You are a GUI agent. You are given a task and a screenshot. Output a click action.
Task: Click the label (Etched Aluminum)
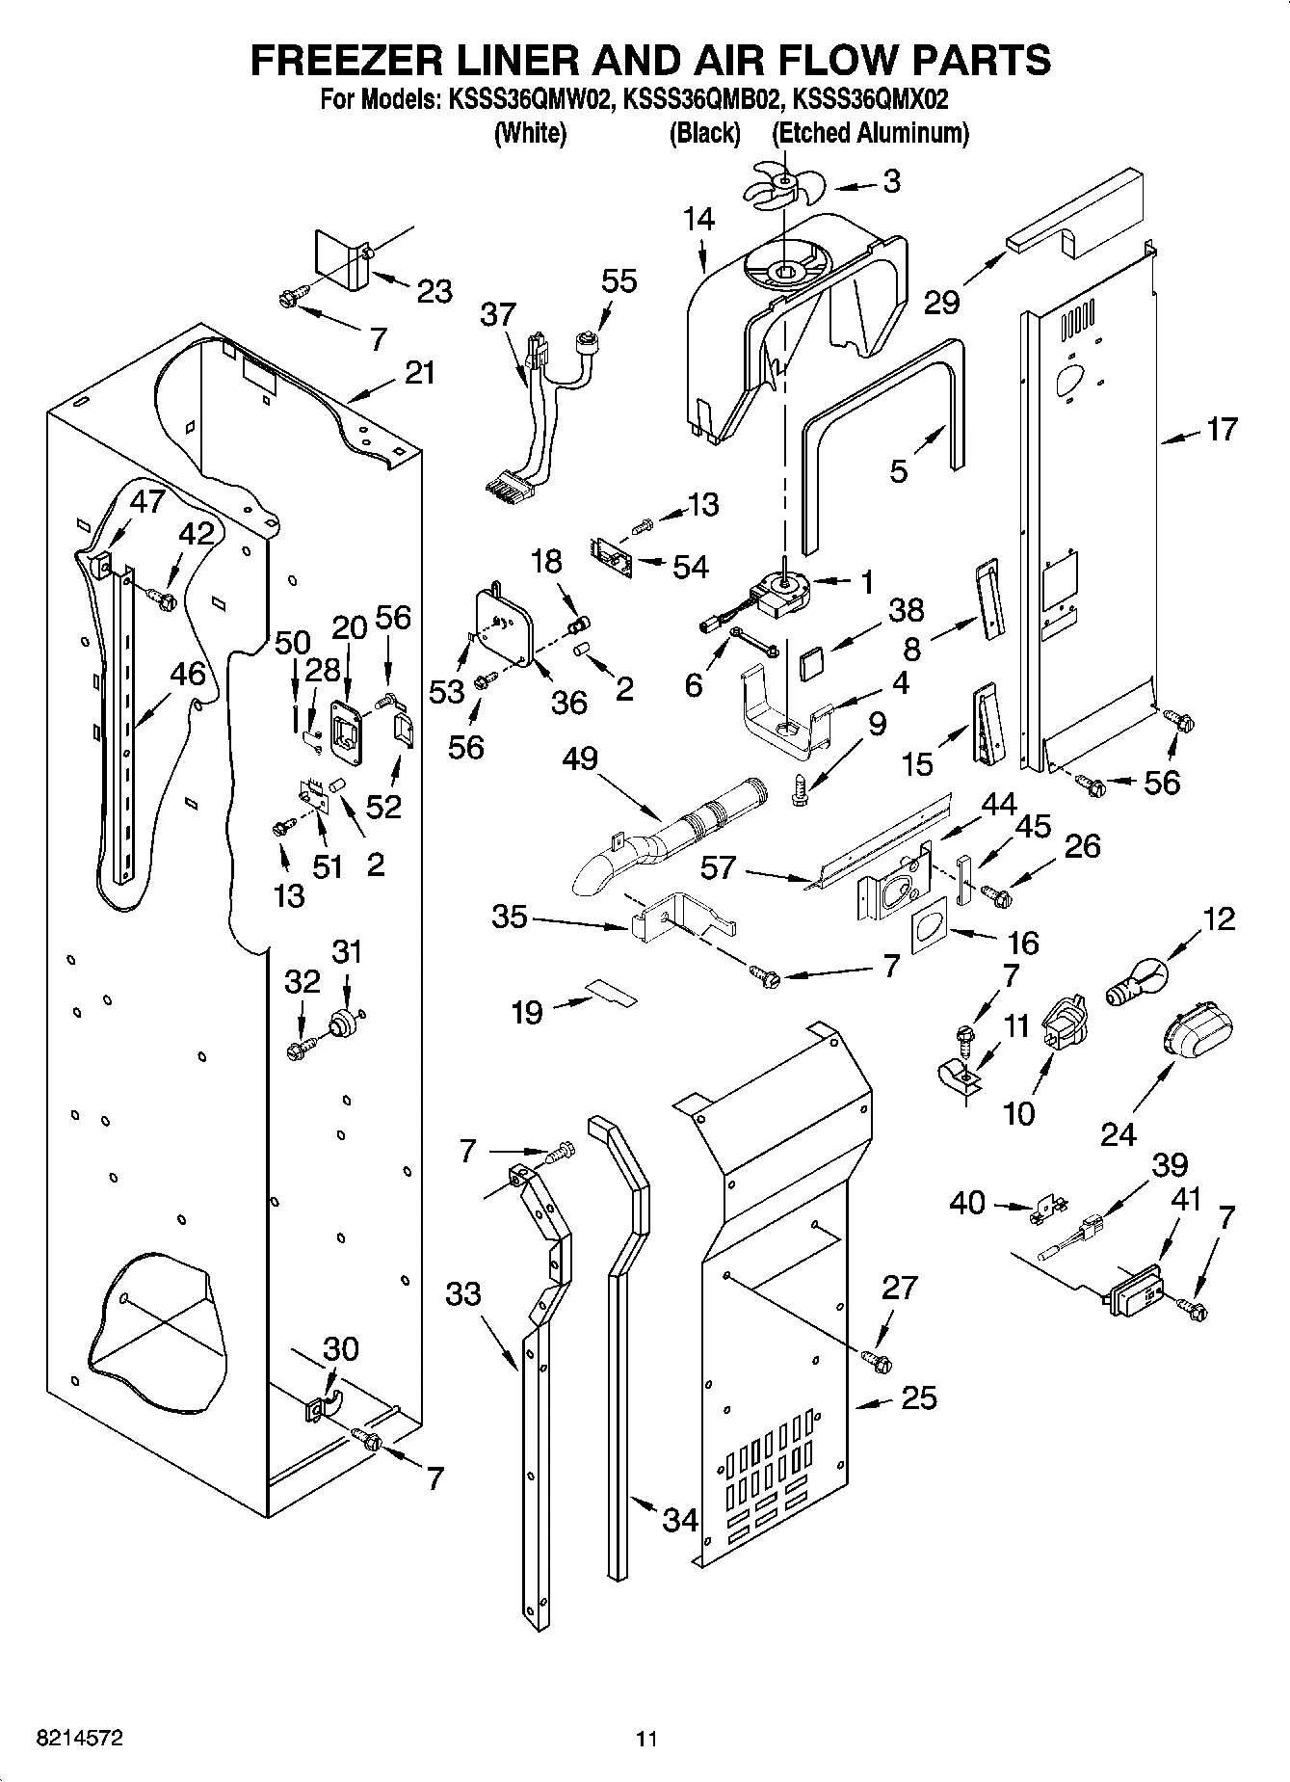tap(871, 133)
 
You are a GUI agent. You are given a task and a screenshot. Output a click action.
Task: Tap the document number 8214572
tap(78, 1739)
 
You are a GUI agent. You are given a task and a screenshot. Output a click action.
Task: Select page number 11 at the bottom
tap(645, 1740)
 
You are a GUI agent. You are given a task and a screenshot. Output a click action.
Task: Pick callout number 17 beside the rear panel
tap(1222, 430)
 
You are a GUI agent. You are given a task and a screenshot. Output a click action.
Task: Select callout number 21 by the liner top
tap(419, 372)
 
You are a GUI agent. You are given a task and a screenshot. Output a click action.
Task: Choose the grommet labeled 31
tap(341, 1023)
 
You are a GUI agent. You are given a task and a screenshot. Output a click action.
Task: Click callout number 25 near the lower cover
tap(917, 1397)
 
